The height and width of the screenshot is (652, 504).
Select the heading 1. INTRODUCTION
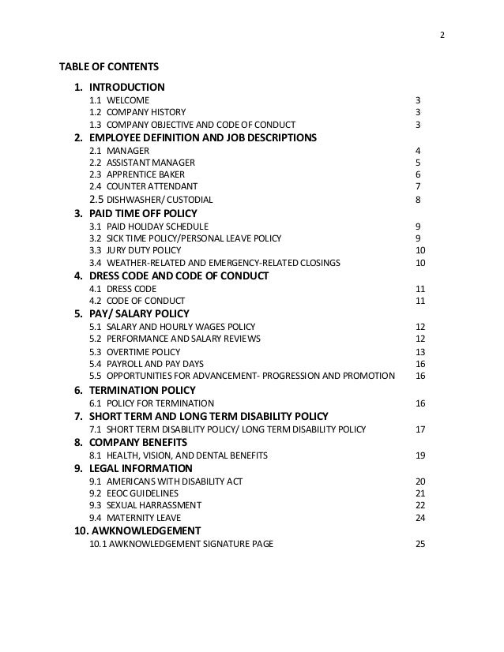[119, 87]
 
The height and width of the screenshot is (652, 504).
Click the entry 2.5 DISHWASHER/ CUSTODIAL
[151, 200]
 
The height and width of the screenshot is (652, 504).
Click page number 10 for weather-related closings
[420, 263]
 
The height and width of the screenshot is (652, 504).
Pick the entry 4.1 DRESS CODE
[122, 289]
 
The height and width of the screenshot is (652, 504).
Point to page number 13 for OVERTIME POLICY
[420, 352]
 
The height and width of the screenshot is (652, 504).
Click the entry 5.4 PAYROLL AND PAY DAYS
[146, 364]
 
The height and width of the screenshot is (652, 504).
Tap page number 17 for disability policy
[420, 429]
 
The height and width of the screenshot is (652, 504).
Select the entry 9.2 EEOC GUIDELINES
[134, 493]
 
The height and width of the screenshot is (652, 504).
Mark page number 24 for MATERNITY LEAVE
[420, 518]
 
